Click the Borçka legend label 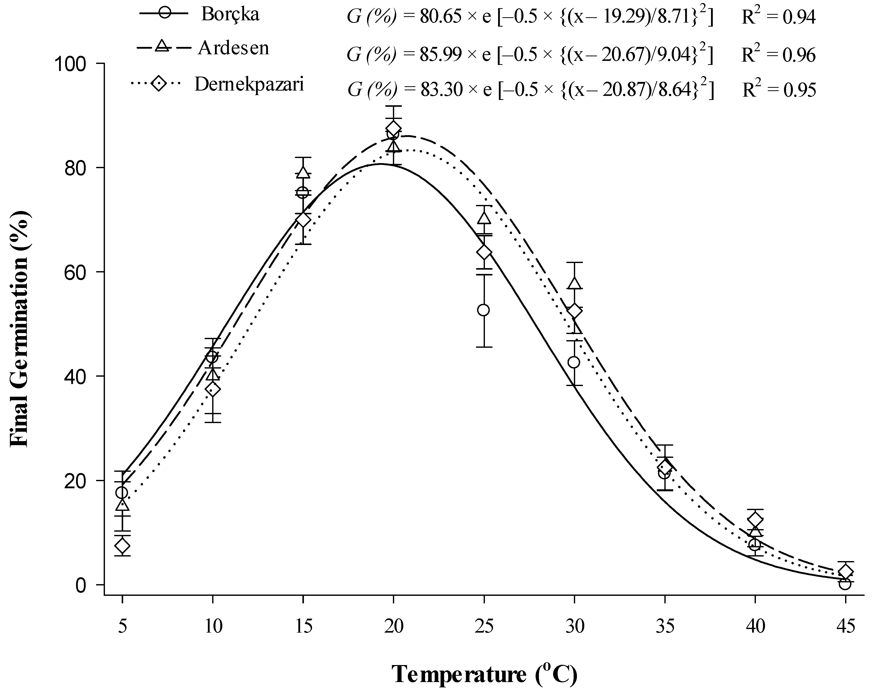click(x=230, y=15)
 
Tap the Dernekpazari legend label click(x=249, y=84)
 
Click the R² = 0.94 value click(x=779, y=17)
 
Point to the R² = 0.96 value click(x=779, y=54)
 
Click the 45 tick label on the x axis click(x=845, y=627)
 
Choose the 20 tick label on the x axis click(x=394, y=627)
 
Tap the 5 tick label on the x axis click(x=122, y=627)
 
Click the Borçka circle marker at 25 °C click(x=484, y=310)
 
